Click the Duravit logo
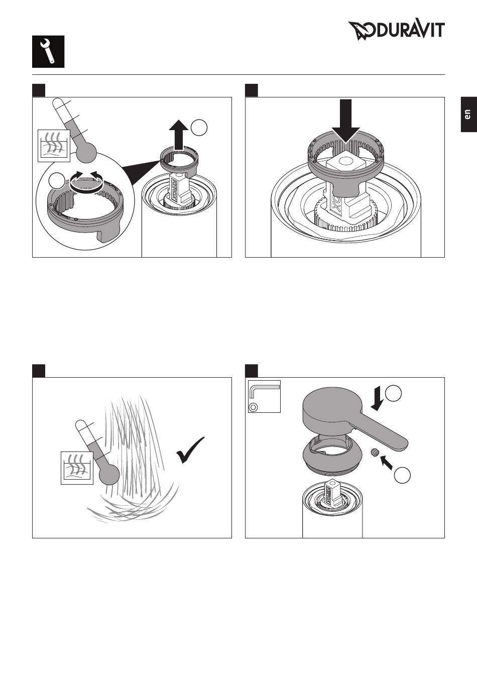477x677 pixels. coord(396,31)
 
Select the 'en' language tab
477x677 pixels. coord(468,115)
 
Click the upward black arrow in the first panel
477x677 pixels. coord(179,135)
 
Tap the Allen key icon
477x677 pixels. coord(264,396)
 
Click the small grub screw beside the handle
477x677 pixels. coord(374,453)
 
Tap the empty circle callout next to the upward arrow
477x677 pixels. coord(199,128)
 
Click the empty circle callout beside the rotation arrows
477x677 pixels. coord(57,181)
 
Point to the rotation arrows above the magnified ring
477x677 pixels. coord(87,182)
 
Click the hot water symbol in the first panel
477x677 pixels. coord(54,146)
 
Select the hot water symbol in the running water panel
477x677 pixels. coord(77,468)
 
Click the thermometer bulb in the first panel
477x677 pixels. coord(86,152)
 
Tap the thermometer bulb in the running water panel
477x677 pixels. coord(109,474)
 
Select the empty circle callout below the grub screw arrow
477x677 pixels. coord(402,476)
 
